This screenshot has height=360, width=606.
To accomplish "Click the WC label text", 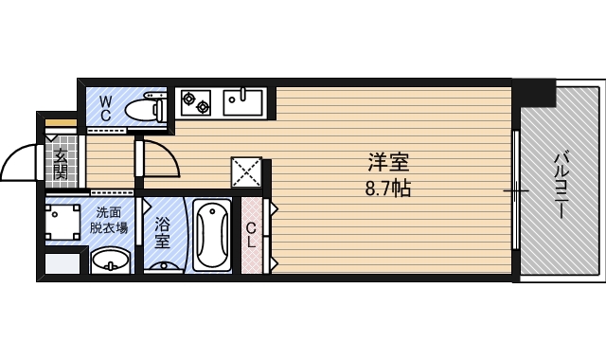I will click(x=105, y=107).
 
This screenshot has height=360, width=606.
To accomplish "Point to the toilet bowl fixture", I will click(x=145, y=109).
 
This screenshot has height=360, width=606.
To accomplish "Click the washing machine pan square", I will click(x=64, y=225).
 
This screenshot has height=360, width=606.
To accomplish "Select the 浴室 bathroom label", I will click(x=163, y=233).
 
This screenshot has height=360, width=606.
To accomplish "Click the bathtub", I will click(x=212, y=234).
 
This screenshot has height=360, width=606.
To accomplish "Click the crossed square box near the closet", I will click(x=246, y=172).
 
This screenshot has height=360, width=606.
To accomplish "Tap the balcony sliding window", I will click(x=516, y=190).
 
